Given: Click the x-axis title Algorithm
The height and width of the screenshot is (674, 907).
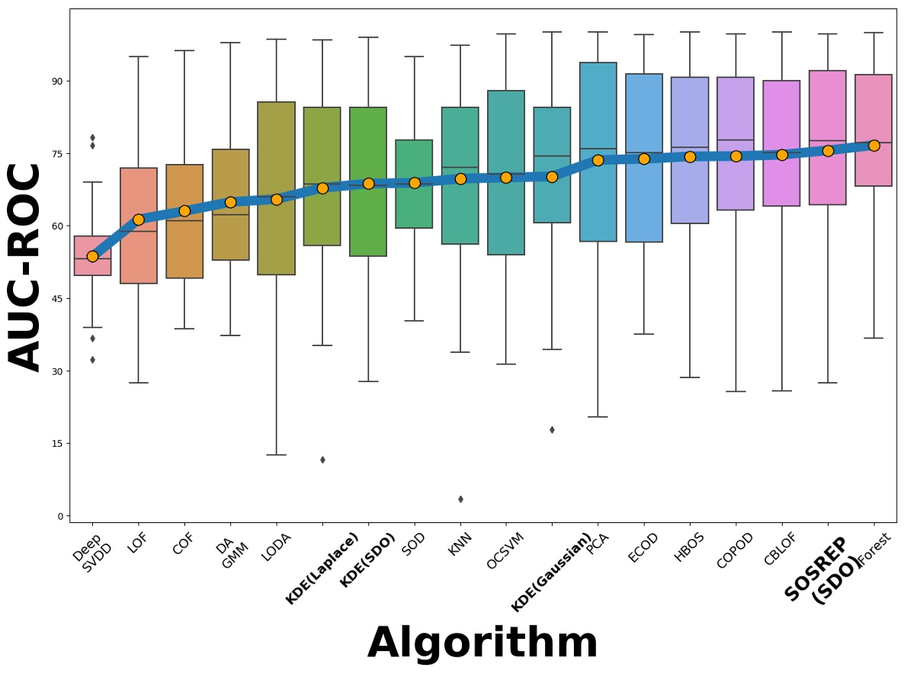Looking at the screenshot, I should (482, 643).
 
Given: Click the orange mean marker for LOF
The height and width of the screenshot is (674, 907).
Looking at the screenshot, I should (139, 220).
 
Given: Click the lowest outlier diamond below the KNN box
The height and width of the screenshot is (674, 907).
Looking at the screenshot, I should (460, 499).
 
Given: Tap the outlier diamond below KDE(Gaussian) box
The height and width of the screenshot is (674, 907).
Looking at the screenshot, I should (552, 430).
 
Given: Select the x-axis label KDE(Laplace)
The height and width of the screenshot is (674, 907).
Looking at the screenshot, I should (322, 569).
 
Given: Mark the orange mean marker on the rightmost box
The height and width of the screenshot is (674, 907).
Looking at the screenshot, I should (873, 146).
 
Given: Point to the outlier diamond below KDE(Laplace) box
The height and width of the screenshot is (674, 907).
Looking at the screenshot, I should (322, 460).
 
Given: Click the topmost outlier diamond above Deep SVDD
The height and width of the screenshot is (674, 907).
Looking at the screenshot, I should (92, 138).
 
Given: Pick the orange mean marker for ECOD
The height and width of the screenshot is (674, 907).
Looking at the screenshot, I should (644, 159).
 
